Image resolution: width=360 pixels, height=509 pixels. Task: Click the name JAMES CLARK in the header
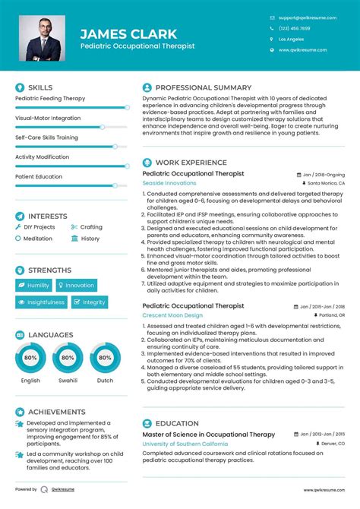pyautogui.click(x=128, y=33)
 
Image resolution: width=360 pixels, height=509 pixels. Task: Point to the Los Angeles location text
pyautogui.click(x=291, y=39)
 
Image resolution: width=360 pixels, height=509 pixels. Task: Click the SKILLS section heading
pyautogui.click(x=40, y=87)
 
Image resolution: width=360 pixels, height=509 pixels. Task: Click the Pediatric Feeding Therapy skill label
pyautogui.click(x=50, y=99)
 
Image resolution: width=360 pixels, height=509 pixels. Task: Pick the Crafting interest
pyautogui.click(x=91, y=227)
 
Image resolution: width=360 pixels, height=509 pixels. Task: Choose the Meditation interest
pyautogui.click(x=38, y=239)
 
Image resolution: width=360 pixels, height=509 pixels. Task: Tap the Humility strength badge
pyautogui.click(x=33, y=285)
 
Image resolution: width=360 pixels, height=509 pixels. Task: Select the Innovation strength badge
pyautogui.click(x=76, y=285)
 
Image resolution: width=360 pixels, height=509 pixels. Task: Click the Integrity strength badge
pyautogui.click(x=90, y=302)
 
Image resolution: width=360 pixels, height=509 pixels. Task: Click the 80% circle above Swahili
pyautogui.click(x=68, y=357)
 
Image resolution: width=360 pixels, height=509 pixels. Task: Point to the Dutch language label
pyautogui.click(x=105, y=381)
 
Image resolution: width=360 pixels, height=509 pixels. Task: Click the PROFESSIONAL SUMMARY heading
pyautogui.click(x=203, y=87)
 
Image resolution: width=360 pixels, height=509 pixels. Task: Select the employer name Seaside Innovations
pyautogui.click(x=169, y=183)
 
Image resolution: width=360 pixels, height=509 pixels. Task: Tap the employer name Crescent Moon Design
pyautogui.click(x=172, y=315)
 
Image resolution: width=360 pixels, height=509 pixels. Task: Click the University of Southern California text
pyautogui.click(x=185, y=443)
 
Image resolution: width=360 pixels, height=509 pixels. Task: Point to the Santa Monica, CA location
pyautogui.click(x=325, y=183)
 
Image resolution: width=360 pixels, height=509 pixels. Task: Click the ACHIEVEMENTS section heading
pyautogui.click(x=56, y=412)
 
